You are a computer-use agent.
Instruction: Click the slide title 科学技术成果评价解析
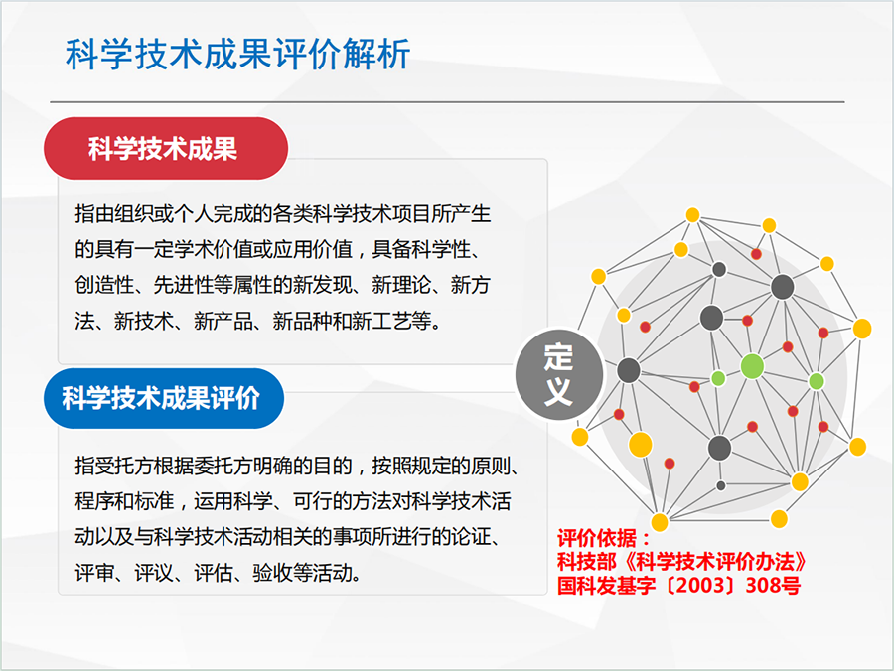pyautogui.click(x=237, y=55)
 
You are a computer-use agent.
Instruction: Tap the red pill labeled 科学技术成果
pyautogui.click(x=166, y=148)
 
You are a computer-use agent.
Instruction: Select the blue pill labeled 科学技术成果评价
pyautogui.click(x=164, y=398)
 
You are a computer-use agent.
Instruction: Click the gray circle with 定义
pyautogui.click(x=558, y=374)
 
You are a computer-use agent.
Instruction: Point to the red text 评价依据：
pyautogui.click(x=604, y=538)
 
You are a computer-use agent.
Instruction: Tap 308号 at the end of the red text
pyautogui.click(x=773, y=585)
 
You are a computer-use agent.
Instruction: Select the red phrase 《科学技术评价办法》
pyautogui.click(x=715, y=562)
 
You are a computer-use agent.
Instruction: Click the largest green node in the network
pyautogui.click(x=752, y=366)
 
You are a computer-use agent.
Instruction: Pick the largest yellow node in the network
pyautogui.click(x=641, y=445)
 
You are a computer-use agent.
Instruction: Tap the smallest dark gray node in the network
pyautogui.click(x=721, y=485)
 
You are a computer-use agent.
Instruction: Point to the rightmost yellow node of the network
pyautogui.click(x=862, y=329)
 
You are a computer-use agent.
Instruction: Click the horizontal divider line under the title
pyautogui.click(x=447, y=102)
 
